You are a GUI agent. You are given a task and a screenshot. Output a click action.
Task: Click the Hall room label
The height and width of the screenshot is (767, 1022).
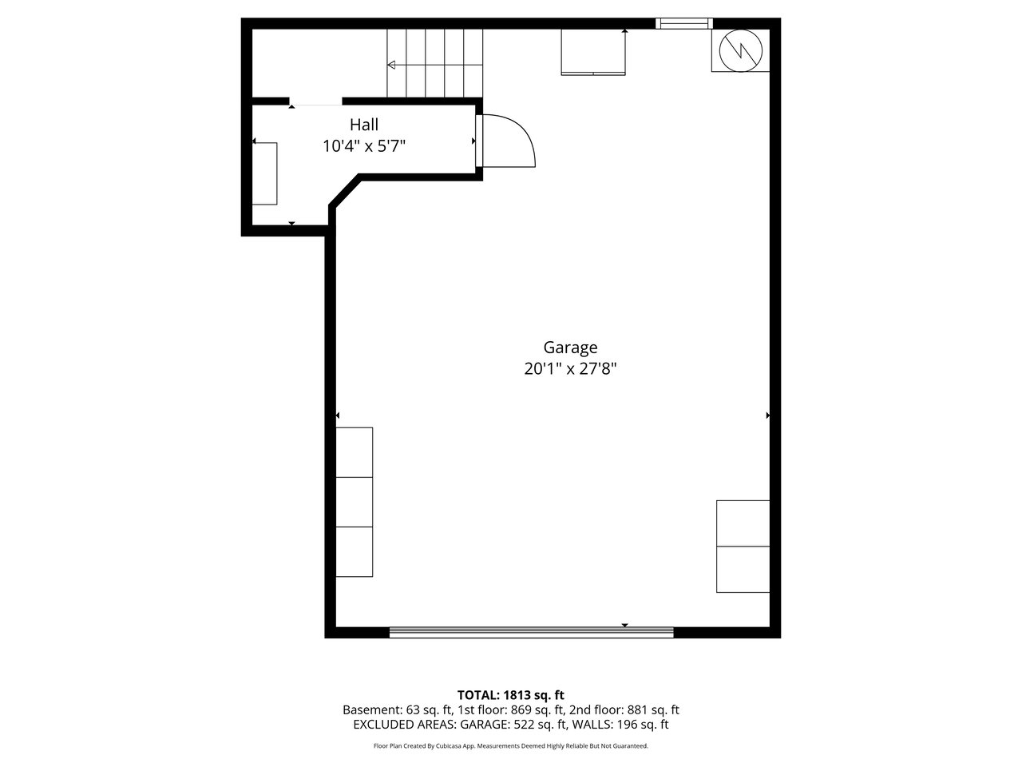click(363, 125)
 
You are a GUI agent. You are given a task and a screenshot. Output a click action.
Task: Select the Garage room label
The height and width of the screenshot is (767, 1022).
click(570, 348)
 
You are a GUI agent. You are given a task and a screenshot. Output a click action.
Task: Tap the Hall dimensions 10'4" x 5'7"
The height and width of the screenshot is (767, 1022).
click(364, 146)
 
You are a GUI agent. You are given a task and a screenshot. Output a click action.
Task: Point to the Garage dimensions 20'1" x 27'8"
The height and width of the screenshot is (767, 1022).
click(570, 369)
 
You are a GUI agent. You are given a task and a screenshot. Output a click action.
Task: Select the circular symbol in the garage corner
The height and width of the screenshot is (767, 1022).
click(740, 51)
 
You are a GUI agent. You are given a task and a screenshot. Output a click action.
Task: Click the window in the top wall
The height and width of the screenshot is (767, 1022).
click(684, 23)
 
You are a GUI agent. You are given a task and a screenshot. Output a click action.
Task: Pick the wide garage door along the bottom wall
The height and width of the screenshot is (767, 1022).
click(531, 632)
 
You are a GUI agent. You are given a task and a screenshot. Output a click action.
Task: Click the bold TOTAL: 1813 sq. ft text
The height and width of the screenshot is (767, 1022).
click(511, 695)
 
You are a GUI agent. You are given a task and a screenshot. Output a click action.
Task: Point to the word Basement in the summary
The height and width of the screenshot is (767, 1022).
click(371, 710)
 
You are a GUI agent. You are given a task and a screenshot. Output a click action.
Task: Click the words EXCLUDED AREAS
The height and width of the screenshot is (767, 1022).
click(405, 725)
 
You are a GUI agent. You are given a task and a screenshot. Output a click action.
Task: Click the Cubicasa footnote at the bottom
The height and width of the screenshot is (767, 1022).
click(511, 746)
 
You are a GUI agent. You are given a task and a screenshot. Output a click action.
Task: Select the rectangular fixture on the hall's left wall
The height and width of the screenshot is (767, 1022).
click(264, 173)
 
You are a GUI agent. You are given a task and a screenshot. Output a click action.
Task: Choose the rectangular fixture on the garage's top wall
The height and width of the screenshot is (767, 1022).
click(592, 52)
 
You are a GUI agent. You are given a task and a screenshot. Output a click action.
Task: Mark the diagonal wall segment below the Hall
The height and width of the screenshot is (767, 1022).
click(345, 190)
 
